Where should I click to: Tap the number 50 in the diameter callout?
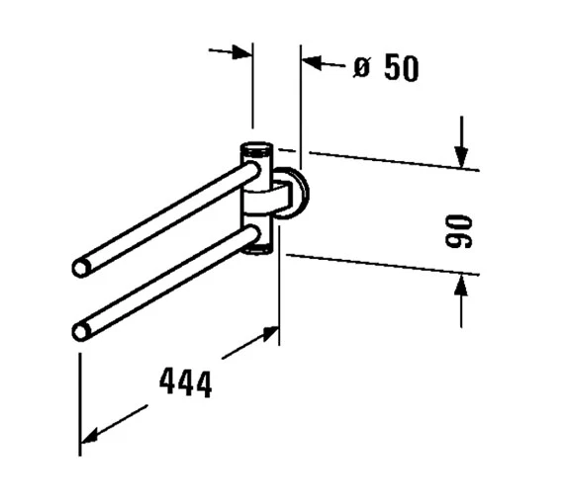point(397,68)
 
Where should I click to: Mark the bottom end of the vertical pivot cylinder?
point(256,250)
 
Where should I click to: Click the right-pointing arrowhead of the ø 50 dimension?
point(241,51)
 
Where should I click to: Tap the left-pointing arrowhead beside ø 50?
point(312,63)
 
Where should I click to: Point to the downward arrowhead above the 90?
point(460,157)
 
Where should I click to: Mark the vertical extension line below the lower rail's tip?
point(80,395)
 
